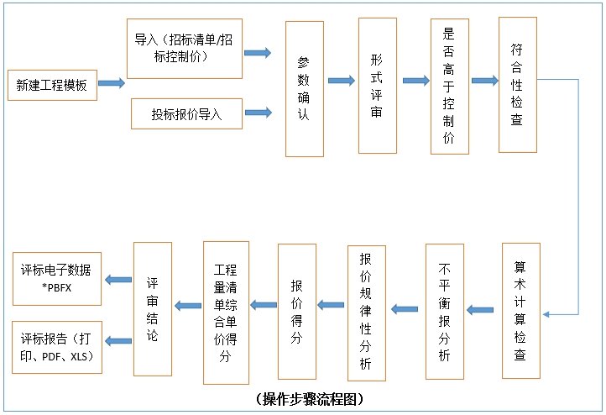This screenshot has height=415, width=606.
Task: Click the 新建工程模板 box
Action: pos(51,84)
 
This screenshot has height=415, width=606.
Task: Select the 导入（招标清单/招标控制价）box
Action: pos(184,49)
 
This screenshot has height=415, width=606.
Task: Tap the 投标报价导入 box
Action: pos(186,114)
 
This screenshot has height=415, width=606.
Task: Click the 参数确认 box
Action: pos(304,88)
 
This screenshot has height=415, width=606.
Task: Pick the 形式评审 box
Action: pos(377,86)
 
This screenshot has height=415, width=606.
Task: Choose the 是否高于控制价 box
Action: pos(449,86)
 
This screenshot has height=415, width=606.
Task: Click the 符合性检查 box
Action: pos(517,85)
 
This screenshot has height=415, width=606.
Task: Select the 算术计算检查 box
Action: pos(520,310)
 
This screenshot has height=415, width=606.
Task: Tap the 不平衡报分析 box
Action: pos(444,312)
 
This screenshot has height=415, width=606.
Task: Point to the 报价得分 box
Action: pos(296,312)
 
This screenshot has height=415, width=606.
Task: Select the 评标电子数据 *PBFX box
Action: pos(56,278)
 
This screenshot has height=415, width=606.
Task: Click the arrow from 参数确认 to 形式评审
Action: pos(341,81)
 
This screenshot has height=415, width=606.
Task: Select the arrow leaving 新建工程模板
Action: pos(112,83)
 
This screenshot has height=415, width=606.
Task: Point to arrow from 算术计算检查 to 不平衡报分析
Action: pos(480,310)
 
